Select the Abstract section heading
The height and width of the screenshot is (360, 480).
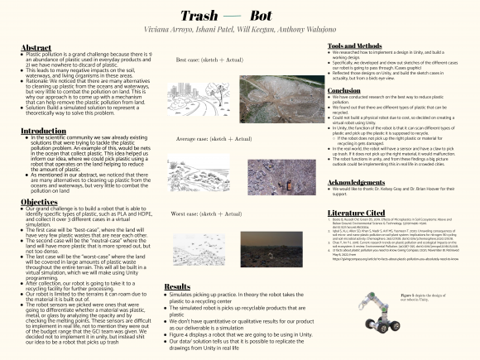pos(36,48)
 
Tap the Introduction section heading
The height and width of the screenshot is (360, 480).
pos(44,131)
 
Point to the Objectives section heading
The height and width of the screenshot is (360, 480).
pos(40,201)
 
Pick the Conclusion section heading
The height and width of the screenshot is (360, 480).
pos(344,90)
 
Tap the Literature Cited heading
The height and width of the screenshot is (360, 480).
pos(357,212)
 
